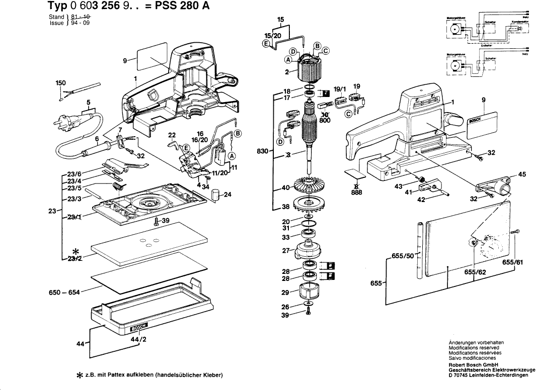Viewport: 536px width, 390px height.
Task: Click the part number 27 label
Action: (285, 250)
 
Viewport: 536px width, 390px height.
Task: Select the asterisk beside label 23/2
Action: (75, 251)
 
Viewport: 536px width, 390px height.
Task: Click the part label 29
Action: (285, 292)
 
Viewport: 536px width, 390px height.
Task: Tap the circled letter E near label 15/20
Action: (265, 44)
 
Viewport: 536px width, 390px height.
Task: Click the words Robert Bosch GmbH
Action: (472, 365)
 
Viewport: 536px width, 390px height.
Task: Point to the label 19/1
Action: (341, 89)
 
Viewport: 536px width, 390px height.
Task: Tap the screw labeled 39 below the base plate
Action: (158, 222)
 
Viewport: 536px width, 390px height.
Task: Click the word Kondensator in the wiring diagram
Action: (519, 22)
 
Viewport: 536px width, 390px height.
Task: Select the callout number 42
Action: (421, 200)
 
